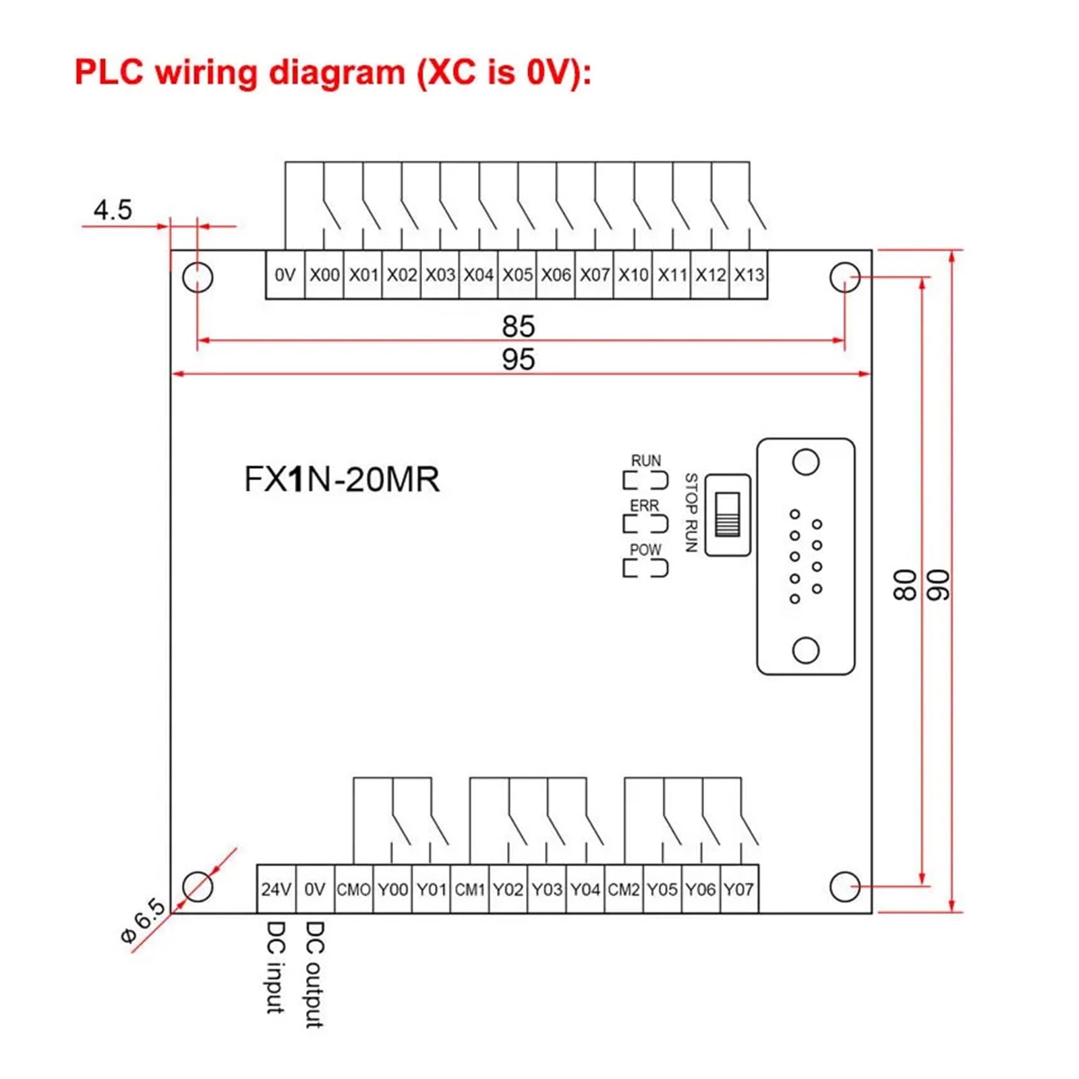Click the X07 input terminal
pyautogui.click(x=594, y=274)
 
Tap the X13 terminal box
pyautogui.click(x=749, y=274)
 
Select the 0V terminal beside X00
pyautogui.click(x=285, y=274)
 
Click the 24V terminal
pyautogui.click(x=276, y=889)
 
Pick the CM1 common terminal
pyautogui.click(x=469, y=889)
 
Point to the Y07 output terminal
pyautogui.click(x=739, y=889)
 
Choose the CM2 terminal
pyautogui.click(x=624, y=889)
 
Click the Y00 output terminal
pyautogui.click(x=392, y=889)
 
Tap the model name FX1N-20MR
pyautogui.click(x=341, y=479)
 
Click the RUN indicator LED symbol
pyautogui.click(x=645, y=480)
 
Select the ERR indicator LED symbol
pyautogui.click(x=645, y=524)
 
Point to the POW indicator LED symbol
pyautogui.click(x=645, y=568)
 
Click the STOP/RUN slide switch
pyautogui.click(x=728, y=515)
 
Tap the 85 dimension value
pyautogui.click(x=518, y=326)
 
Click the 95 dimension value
pyautogui.click(x=518, y=359)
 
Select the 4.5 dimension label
pyautogui.click(x=113, y=210)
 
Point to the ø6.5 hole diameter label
pyautogui.click(x=143, y=921)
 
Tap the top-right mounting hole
pyautogui.click(x=844, y=277)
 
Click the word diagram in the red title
pyautogui.click(x=337, y=72)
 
